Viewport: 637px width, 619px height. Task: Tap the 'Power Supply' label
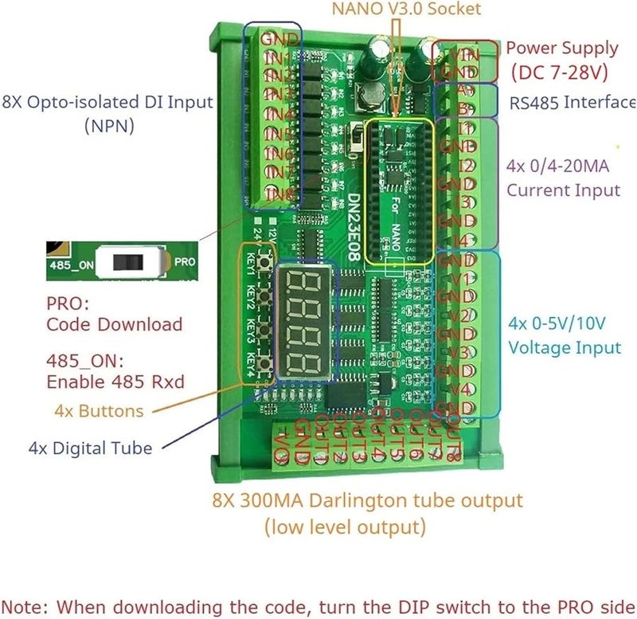tap(561, 48)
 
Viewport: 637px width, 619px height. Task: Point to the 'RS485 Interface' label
tap(573, 102)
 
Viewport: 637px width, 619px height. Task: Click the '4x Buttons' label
tap(100, 411)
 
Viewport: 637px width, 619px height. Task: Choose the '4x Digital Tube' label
tap(90, 448)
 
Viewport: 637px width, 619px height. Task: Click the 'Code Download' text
tap(114, 324)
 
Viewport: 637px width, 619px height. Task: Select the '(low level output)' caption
tap(345, 527)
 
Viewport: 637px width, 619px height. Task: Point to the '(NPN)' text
tap(109, 125)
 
